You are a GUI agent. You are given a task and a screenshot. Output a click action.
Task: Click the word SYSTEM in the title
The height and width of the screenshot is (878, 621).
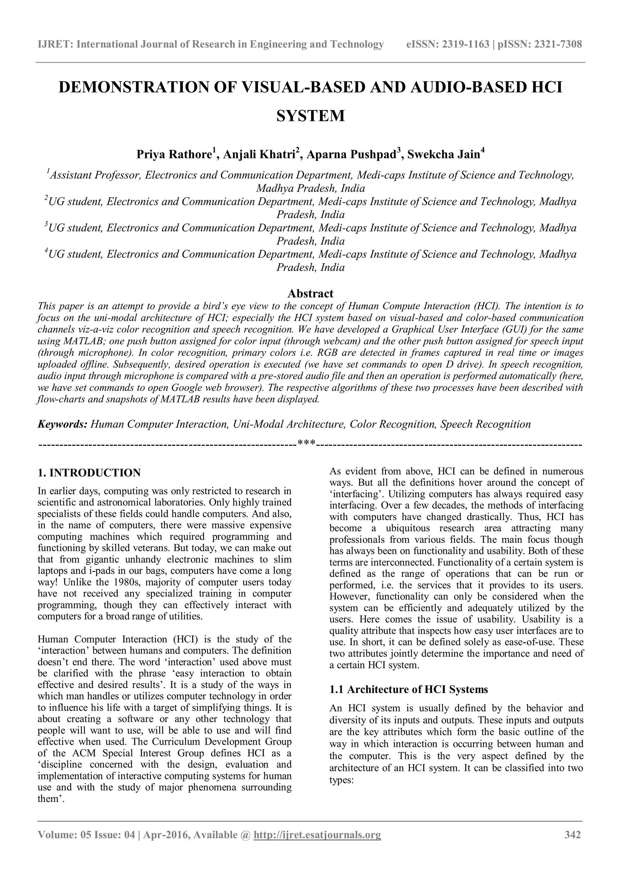pyautogui.click(x=310, y=116)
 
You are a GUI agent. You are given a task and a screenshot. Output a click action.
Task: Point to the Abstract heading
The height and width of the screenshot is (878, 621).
pyautogui.click(x=310, y=293)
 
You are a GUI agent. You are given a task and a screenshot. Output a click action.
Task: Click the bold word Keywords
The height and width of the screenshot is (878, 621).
pyautogui.click(x=62, y=424)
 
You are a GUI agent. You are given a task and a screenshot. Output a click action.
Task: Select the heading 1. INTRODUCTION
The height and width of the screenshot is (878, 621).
pyautogui.click(x=89, y=473)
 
